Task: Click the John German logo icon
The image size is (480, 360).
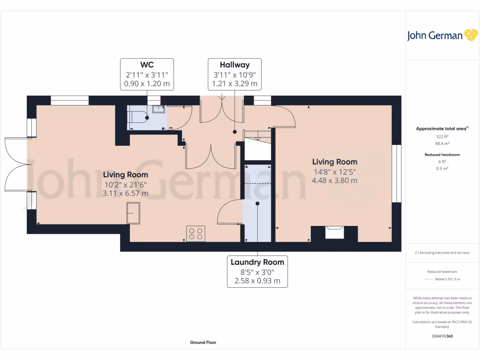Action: tap(470, 35)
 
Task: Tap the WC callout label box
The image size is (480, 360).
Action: tap(147, 74)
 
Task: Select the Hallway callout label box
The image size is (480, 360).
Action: tap(234, 74)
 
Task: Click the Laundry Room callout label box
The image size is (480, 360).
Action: tap(257, 271)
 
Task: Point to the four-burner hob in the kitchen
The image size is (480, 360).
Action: tap(195, 233)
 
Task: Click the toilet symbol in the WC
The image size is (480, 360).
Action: tap(138, 116)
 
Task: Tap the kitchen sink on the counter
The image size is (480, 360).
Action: tap(133, 213)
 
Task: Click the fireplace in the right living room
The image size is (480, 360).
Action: tap(335, 232)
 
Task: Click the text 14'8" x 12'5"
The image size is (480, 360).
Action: tap(335, 172)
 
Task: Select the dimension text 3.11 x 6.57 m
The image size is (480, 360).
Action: tap(125, 193)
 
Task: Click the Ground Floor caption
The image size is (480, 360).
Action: tap(203, 343)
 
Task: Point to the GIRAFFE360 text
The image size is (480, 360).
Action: tap(442, 336)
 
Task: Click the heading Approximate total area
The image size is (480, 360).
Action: tap(442, 128)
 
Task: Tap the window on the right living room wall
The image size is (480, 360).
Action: tap(397, 173)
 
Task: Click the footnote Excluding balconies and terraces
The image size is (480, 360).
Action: tap(442, 253)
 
